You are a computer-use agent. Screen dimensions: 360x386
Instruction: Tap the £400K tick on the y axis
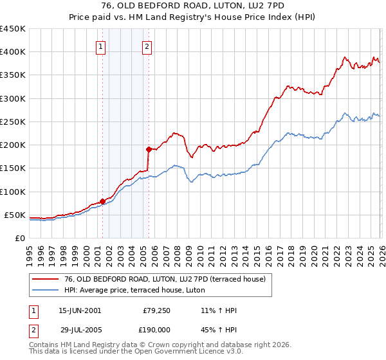coord(12,52)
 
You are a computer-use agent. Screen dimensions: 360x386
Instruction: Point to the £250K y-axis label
coord(12,122)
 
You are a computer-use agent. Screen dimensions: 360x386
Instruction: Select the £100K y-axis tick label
coord(12,192)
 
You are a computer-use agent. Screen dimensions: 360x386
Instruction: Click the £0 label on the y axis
coord(19,238)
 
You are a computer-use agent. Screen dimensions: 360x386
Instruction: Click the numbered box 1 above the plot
coord(102,46)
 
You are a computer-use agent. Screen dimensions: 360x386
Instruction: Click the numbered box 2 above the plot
coord(147,46)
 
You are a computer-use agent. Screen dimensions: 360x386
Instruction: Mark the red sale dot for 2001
coord(102,201)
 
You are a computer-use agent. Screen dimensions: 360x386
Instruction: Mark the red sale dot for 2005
coord(149,150)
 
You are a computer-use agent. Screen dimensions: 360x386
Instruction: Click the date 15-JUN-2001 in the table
coord(80,310)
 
